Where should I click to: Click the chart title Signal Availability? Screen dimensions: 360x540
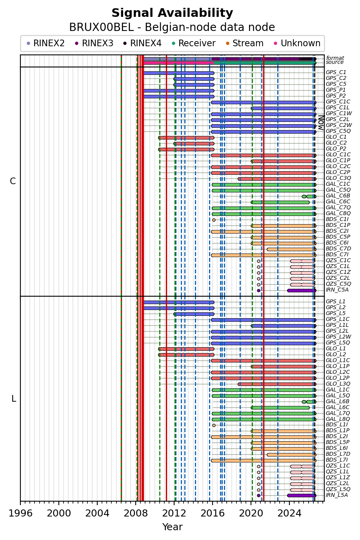pyautogui.click(x=172, y=13)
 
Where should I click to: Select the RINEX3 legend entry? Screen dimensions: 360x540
pyautogui.click(x=94, y=43)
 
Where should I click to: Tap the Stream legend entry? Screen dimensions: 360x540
pyautogui.click(x=245, y=43)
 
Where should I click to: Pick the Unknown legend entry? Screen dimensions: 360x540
pyautogui.click(x=297, y=43)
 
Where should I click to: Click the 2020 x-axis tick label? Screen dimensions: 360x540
pyautogui.click(x=251, y=513)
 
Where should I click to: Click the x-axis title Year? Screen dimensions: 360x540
pyautogui.click(x=172, y=527)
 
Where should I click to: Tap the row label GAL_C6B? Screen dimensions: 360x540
pyautogui.click(x=338, y=196)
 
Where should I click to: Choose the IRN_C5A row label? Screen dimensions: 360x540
pyautogui.click(x=337, y=290)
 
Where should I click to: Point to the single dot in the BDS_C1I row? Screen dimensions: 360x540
pyautogui.click(x=214, y=220)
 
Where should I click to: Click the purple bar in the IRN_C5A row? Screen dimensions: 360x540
pyautogui.click(x=302, y=290)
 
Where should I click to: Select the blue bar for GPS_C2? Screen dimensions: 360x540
pyautogui.click(x=194, y=79)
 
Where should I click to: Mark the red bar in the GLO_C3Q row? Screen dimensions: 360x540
pyautogui.click(x=277, y=179)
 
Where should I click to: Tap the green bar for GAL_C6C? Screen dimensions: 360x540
pyautogui.click(x=280, y=202)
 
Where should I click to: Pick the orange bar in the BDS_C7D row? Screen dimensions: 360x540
pyautogui.click(x=291, y=249)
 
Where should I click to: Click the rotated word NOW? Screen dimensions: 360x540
pyautogui.click(x=321, y=123)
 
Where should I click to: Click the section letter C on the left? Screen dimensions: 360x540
pyautogui.click(x=13, y=181)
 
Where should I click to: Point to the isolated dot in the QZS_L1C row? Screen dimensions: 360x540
pyautogui.click(x=259, y=466)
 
